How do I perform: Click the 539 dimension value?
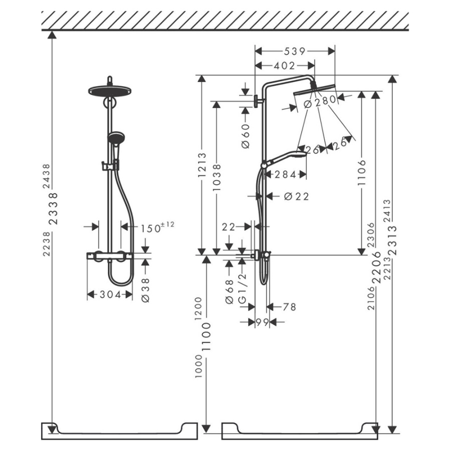295,52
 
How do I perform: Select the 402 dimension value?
284,66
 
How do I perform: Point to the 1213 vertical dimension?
202,165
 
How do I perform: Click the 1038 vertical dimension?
216,177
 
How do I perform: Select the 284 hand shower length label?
285,174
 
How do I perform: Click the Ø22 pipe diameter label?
296,196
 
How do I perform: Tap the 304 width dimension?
110,295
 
